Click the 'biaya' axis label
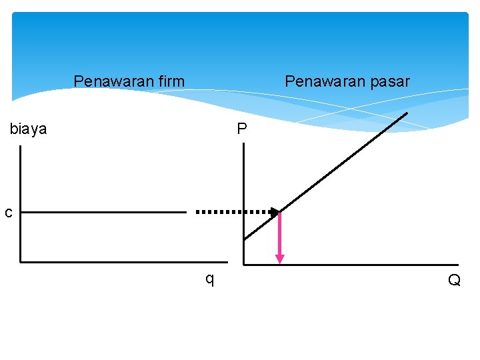coord(28,129)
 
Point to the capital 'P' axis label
coord(241,129)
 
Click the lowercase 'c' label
coord(8,213)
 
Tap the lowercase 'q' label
coord(209,279)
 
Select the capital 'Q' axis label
coord(454,281)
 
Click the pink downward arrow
coord(280,237)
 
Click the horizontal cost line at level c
coord(103,213)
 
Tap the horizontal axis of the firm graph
coord(123,262)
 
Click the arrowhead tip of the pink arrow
coord(280,262)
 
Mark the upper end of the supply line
coord(407,113)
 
